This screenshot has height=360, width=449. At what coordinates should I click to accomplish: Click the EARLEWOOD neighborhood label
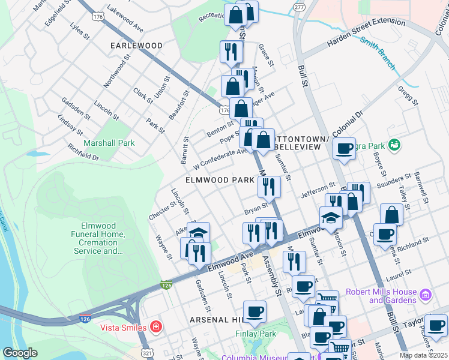click(136, 46)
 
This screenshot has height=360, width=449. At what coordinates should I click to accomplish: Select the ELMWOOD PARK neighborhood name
click(220, 180)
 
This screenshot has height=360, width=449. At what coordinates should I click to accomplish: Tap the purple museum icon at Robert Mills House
click(426, 296)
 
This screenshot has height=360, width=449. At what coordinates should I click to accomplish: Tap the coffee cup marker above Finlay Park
click(255, 311)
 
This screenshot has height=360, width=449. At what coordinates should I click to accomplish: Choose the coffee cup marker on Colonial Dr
click(345, 148)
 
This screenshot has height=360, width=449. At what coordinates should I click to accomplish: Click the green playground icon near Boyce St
click(394, 145)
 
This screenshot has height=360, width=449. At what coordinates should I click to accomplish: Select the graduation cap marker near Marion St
click(330, 217)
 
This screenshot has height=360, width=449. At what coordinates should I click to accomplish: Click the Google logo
click(20, 353)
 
